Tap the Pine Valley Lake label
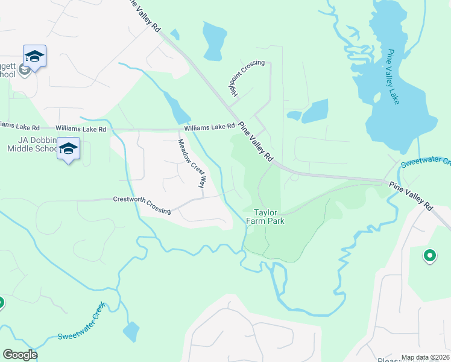click(393, 77)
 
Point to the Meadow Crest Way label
click(192, 164)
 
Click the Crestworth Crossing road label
click(142, 205)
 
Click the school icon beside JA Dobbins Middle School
click(68, 148)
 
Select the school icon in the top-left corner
click(34, 57)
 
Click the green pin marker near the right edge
click(430, 256)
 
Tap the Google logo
click(20, 355)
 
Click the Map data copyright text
click(425, 358)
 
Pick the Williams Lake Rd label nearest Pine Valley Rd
click(209, 127)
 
